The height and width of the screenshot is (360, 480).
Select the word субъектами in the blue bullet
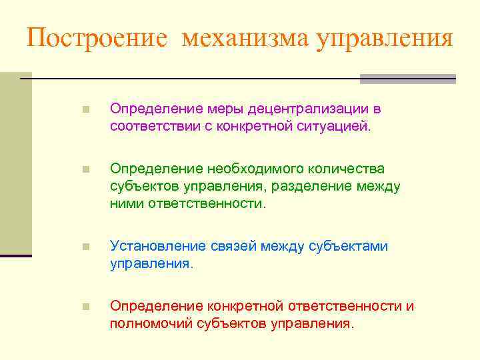[349, 247]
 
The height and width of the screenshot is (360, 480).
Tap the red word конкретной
[246, 307]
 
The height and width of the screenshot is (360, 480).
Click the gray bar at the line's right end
[407, 79]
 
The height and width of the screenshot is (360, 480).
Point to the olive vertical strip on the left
[15, 163]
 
